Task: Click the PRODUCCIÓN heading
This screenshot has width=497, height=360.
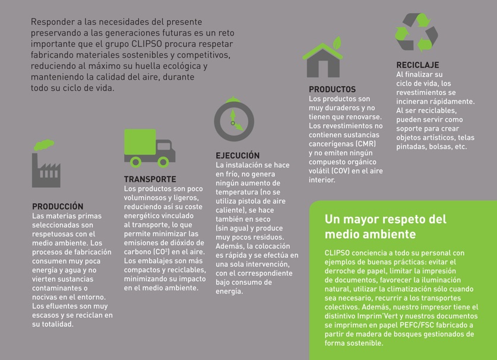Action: coord(58,207)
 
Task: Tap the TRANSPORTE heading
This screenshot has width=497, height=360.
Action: coord(150,179)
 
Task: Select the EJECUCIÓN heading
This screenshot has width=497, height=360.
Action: coord(238,156)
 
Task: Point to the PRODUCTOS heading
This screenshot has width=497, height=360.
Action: coord(332,89)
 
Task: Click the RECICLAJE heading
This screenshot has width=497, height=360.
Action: coord(418,65)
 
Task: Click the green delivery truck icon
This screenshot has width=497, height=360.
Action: coord(148,147)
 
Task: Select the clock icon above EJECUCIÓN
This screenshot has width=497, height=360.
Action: coord(234,121)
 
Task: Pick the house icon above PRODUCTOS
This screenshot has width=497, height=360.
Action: coord(323,59)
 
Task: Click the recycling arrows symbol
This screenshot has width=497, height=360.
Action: coord(417,33)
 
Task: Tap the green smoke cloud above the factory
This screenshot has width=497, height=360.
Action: coord(44,145)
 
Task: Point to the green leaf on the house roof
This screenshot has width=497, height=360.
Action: coord(337,43)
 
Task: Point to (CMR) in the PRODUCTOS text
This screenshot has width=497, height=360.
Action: coord(365,144)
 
